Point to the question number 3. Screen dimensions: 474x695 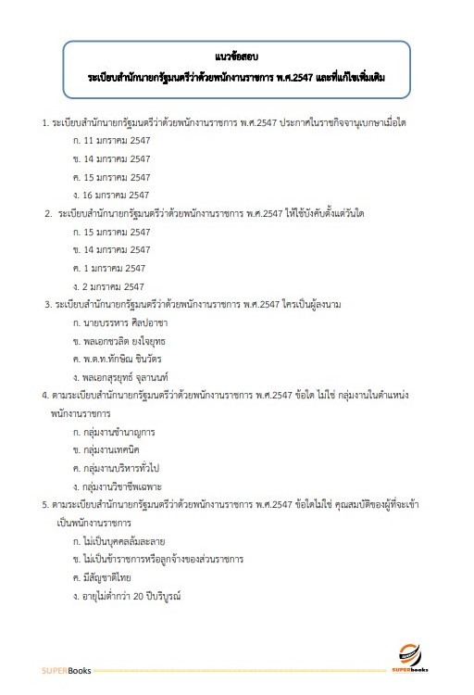pyautogui.click(x=47, y=304)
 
